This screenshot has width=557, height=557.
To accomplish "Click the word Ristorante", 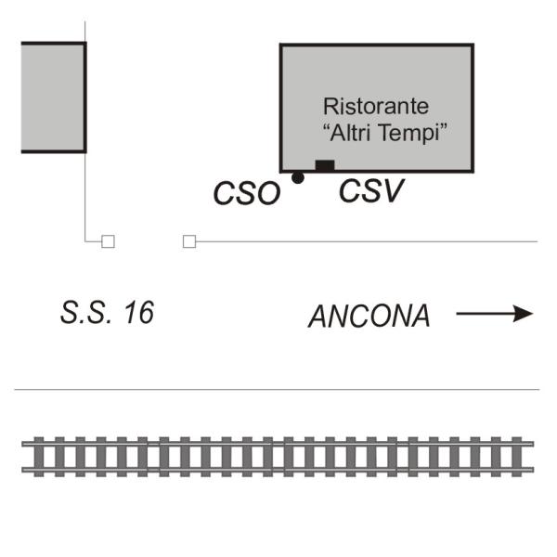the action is coord(376,106).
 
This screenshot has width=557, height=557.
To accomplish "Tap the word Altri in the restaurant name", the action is coord(351,132).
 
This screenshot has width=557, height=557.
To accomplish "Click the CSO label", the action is coord(247,193).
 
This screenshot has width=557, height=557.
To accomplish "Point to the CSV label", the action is coord(371,190).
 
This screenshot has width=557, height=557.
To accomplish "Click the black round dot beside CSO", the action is coord(298,177).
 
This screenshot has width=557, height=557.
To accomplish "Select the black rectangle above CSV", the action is coord(325,165).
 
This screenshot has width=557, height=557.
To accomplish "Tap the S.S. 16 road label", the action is coord(108,313).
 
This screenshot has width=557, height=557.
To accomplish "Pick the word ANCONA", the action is coord(369,317).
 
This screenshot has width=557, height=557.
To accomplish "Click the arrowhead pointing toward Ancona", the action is coord(524,314).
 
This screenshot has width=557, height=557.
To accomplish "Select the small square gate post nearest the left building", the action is coord(108,241).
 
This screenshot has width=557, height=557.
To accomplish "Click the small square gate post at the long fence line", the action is coord(189,241).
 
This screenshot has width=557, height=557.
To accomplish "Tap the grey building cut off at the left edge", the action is coord(53,97).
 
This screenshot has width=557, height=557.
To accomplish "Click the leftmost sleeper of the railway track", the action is coord(39,457).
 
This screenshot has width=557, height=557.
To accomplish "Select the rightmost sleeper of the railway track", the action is coord(517,457).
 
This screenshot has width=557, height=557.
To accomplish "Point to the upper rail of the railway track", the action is coord(278,444).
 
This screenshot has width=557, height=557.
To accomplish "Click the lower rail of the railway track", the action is coord(278,470).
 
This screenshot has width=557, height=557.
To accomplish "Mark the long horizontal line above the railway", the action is coord(277,390).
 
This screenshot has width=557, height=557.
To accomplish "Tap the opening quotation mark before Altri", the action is coord(327,127).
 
